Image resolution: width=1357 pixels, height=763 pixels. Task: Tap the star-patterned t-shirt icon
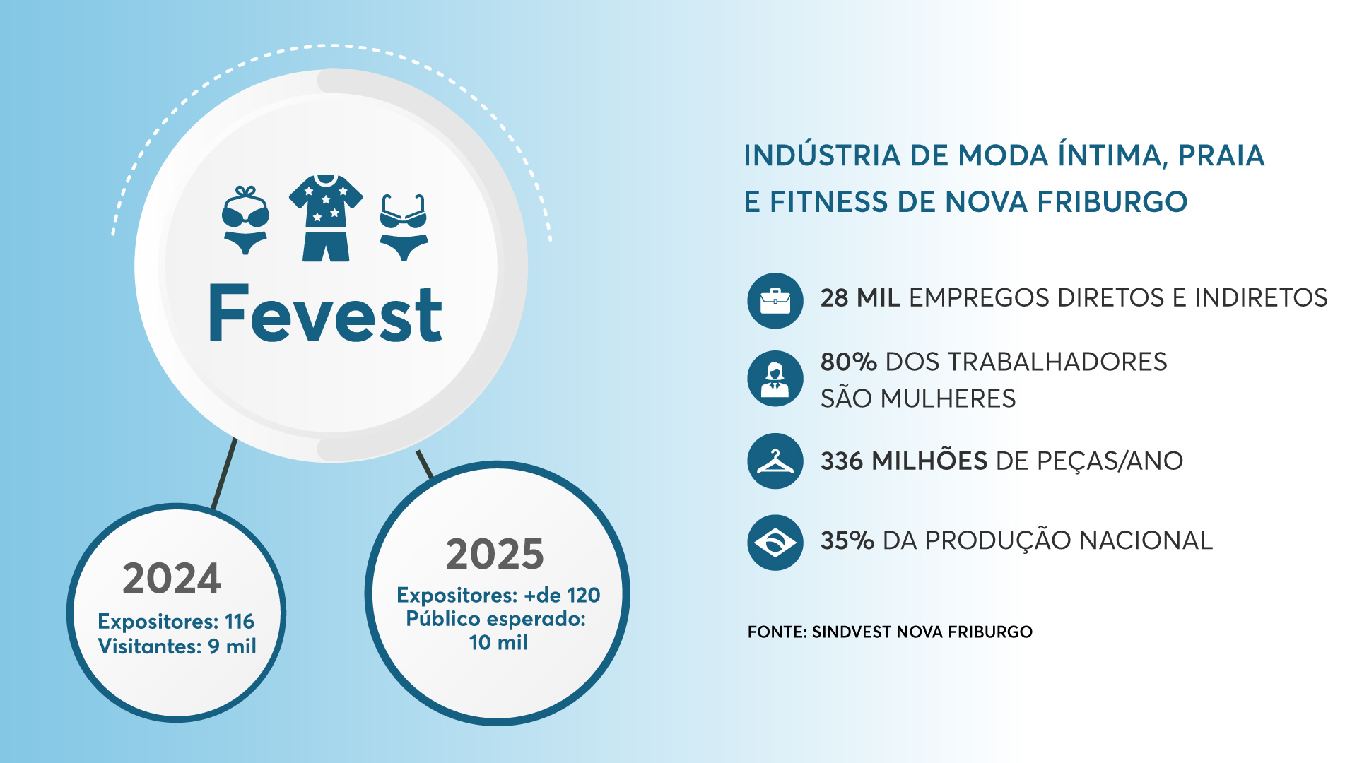[x=326, y=218]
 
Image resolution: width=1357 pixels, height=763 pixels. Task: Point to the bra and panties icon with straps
[x=404, y=227]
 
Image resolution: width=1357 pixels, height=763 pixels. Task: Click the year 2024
[x=172, y=579]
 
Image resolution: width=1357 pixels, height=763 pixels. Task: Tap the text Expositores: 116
[x=176, y=621]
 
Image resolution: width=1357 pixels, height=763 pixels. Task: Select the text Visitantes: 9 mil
[x=177, y=646]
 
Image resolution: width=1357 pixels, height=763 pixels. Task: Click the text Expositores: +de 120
[x=498, y=595]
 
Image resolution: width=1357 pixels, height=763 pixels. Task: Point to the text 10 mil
[x=498, y=642]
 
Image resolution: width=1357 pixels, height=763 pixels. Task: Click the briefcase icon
[x=775, y=301]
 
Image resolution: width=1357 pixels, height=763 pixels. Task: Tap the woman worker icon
[x=775, y=379]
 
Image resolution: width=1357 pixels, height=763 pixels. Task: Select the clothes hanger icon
[x=775, y=461]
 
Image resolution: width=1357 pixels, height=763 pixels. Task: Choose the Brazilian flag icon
[x=775, y=543]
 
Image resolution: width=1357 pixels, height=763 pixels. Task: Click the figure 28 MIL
[x=860, y=298]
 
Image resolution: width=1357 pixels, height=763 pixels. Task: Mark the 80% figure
[x=849, y=362]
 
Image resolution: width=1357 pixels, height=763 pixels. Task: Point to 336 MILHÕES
[x=904, y=461]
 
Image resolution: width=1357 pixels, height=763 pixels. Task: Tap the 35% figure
[x=847, y=540]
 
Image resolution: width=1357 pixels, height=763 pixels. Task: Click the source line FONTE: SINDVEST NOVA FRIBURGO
[x=890, y=632]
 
